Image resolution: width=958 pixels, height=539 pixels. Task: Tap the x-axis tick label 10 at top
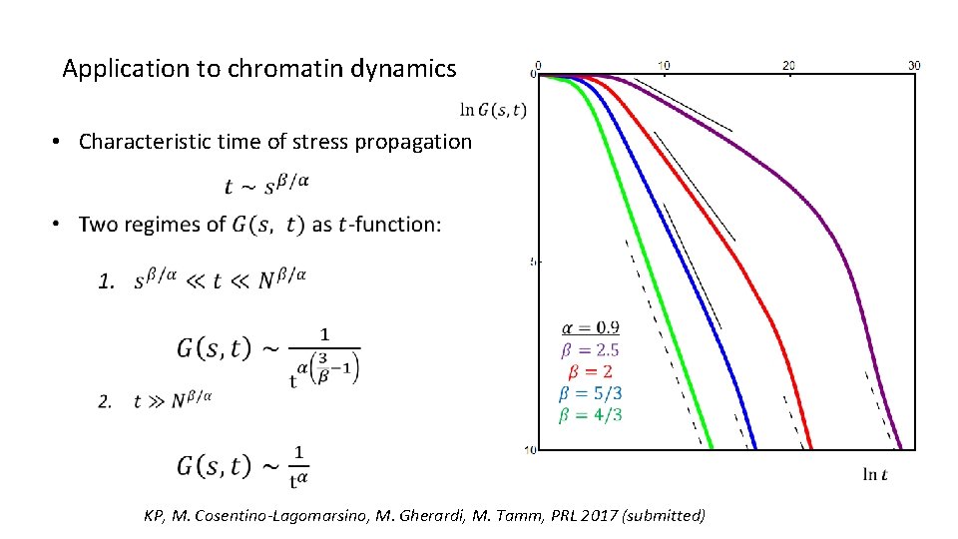664,65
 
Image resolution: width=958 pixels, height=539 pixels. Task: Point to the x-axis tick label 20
788,65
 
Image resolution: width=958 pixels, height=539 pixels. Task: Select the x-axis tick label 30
913,65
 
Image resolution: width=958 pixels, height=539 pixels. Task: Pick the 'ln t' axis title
875,474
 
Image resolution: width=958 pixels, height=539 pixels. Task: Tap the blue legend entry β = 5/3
591,392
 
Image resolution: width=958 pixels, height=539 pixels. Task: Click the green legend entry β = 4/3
591,414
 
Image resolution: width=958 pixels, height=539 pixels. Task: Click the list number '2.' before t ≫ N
106,401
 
